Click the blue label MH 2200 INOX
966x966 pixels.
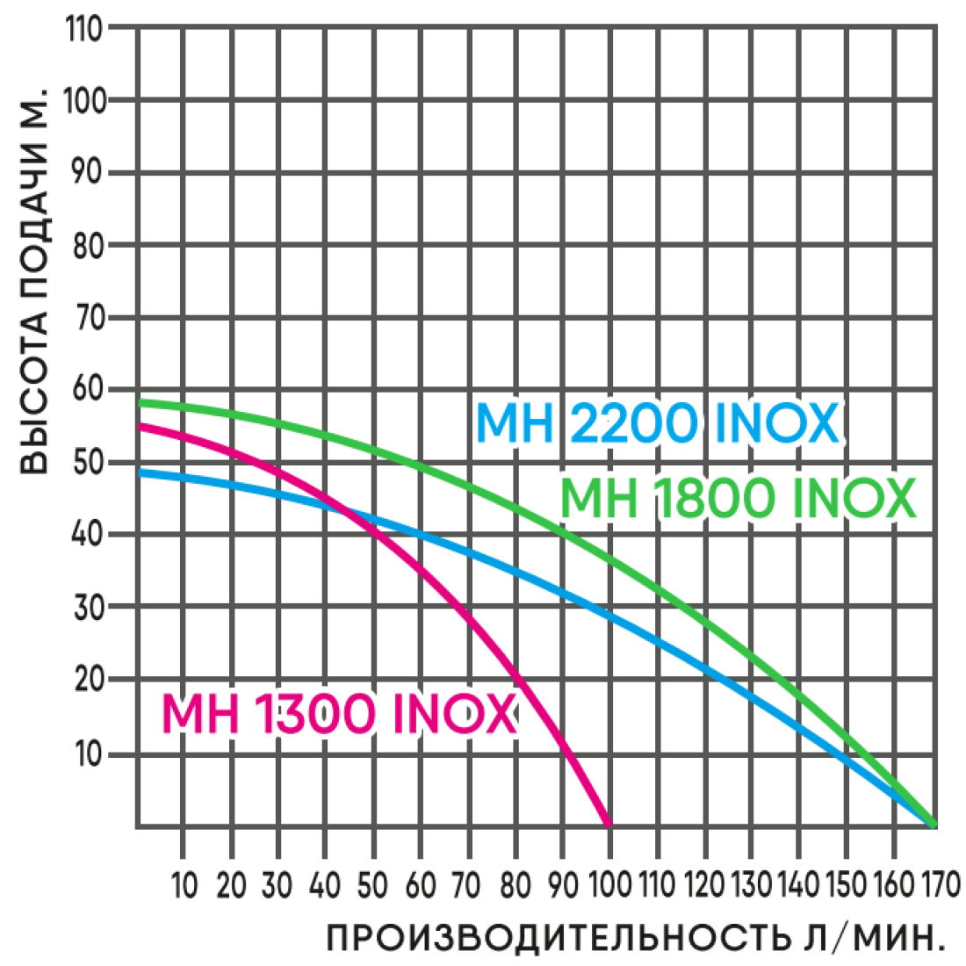pyautogui.click(x=657, y=424)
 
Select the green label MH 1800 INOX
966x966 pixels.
pyautogui.click(x=738, y=499)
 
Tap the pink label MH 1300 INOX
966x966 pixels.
pyautogui.click(x=339, y=714)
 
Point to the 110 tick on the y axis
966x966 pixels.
pyautogui.click(x=85, y=28)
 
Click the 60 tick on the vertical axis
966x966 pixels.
pyautogui.click(x=87, y=389)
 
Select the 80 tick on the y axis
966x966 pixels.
pyautogui.click(x=87, y=244)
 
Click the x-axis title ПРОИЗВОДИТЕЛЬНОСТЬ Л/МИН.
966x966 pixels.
pyautogui.click(x=635, y=938)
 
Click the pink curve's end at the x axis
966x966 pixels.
pyautogui.click(x=608, y=824)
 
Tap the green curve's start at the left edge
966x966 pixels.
pyautogui.click(x=141, y=403)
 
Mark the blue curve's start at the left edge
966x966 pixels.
pyautogui.click(x=141, y=472)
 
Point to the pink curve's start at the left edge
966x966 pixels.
pyautogui.click(x=141, y=426)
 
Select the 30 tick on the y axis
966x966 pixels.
pyautogui.click(x=87, y=608)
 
